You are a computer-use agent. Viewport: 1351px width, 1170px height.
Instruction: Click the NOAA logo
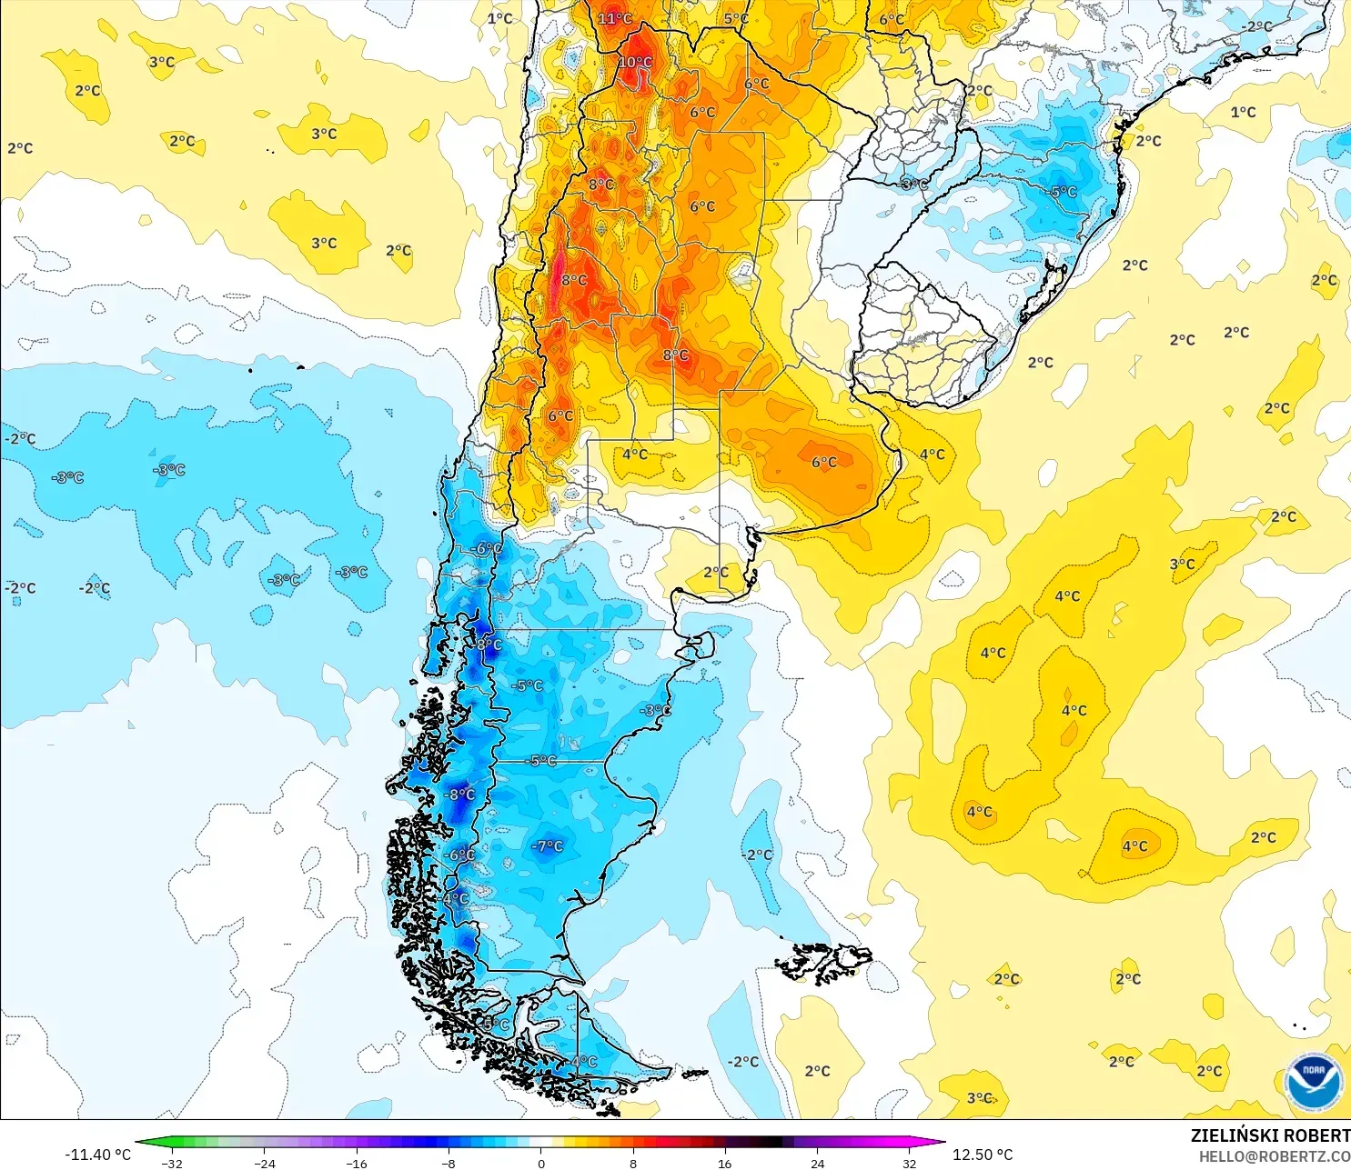click(1314, 1082)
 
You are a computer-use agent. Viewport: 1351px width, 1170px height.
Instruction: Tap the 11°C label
click(615, 18)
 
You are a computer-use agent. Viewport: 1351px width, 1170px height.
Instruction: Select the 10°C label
click(635, 62)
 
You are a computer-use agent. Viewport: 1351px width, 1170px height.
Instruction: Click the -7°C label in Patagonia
click(548, 845)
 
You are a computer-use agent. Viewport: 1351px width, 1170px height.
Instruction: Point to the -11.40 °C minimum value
click(97, 1155)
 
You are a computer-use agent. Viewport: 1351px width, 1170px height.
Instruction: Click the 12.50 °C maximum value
click(983, 1155)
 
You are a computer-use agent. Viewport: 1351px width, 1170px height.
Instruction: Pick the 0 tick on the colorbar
click(541, 1163)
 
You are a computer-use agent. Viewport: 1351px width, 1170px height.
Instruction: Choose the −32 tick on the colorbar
click(172, 1163)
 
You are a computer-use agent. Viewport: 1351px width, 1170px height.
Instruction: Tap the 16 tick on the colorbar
click(725, 1163)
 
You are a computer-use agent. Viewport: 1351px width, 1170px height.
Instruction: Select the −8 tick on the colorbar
click(449, 1163)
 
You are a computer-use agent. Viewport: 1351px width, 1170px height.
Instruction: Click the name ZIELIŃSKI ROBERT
click(1270, 1135)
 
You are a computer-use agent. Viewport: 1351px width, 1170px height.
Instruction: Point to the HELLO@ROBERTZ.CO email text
click(1274, 1156)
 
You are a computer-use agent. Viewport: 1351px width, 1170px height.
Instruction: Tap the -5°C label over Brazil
click(1063, 192)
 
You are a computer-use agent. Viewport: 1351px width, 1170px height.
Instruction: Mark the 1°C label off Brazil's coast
click(1243, 112)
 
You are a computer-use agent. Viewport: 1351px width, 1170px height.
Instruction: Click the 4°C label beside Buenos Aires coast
click(932, 454)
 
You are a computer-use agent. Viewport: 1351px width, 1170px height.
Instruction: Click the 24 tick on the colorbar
click(817, 1163)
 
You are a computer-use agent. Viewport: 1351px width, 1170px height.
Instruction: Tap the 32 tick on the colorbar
click(910, 1163)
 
